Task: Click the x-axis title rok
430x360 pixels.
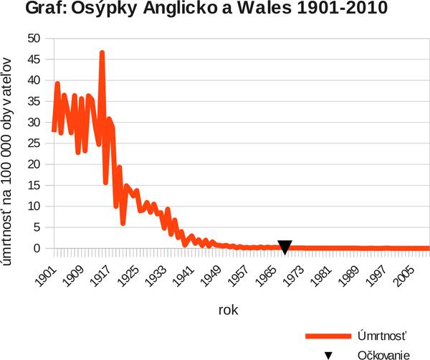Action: click(229, 311)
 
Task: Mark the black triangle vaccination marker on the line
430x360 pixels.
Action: click(285, 247)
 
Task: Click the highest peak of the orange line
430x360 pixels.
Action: click(102, 53)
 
